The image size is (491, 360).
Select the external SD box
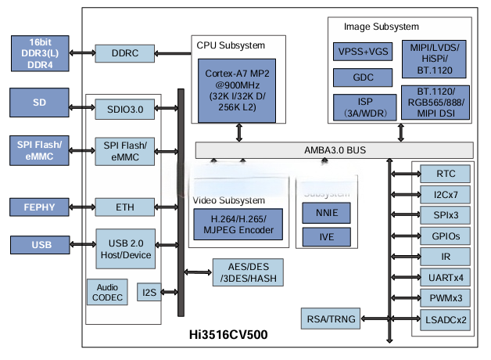pos(39,103)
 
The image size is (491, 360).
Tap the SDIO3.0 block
pos(124,110)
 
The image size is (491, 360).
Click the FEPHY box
pos(39,207)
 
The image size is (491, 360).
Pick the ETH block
pos(124,207)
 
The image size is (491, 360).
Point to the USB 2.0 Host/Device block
pos(124,248)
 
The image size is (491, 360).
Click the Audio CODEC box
pos(108,292)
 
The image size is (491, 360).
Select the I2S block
pos(149,292)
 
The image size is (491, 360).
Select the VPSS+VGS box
pos(363,52)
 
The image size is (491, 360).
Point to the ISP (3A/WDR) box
pos(363,106)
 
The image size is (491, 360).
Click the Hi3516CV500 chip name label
pos(230,335)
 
